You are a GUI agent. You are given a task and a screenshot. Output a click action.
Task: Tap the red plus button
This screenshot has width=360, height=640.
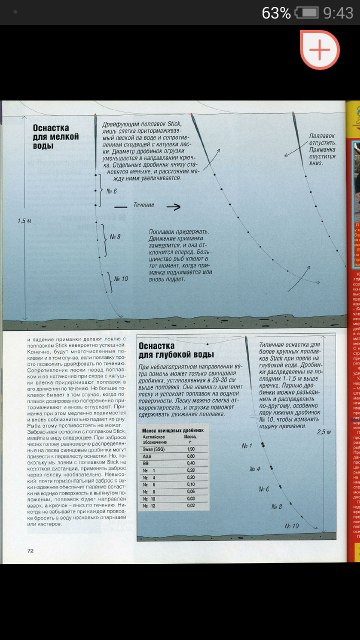(320, 50)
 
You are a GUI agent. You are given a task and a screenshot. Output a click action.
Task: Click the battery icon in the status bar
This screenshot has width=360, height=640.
(306, 12)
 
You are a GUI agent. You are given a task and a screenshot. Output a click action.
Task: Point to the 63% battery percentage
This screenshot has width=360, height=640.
(276, 12)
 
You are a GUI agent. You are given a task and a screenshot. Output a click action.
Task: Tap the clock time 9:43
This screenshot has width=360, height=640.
(338, 12)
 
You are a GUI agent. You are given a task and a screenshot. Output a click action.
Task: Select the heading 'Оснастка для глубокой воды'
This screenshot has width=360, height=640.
(176, 350)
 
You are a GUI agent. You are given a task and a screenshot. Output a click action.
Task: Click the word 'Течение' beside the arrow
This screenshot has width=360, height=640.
(143, 205)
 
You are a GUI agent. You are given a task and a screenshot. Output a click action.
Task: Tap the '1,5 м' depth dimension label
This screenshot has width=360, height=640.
(24, 220)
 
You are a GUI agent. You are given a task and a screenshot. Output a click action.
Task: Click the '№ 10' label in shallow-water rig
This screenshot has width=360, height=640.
(121, 279)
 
